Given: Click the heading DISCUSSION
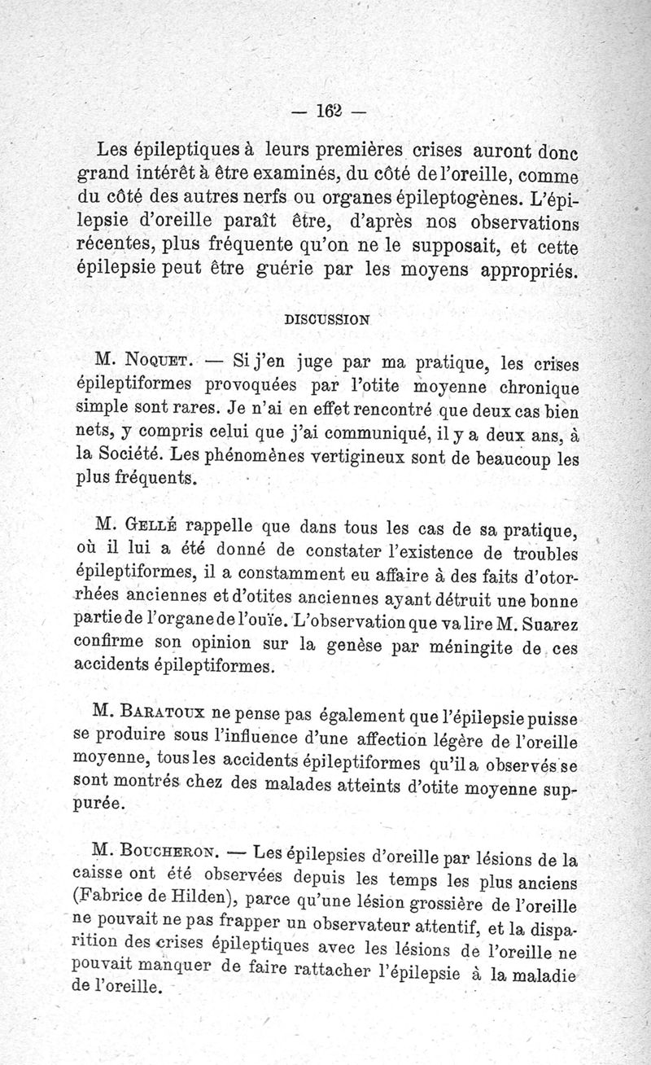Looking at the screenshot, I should pos(325,319).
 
